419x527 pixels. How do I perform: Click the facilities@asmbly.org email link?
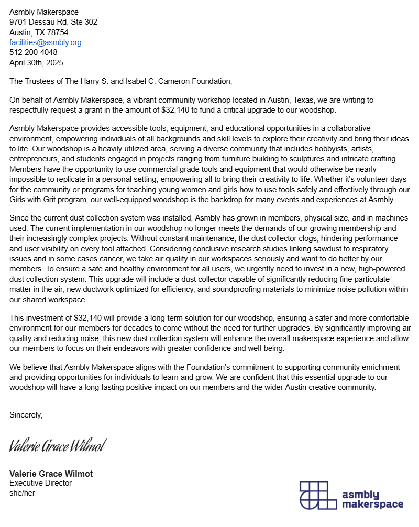point(46,42)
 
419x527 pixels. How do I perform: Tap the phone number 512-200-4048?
point(34,52)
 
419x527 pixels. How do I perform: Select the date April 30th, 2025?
point(36,62)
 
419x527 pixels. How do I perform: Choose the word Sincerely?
point(26,414)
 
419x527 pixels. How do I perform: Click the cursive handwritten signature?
point(58,445)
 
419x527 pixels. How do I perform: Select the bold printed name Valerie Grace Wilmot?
point(51,474)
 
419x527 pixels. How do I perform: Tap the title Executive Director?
point(40,483)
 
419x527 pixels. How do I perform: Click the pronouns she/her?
point(22,492)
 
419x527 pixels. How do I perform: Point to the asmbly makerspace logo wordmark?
point(372,499)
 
